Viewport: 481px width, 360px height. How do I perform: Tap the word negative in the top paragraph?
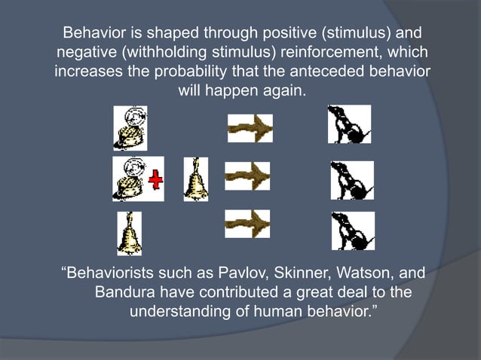(85, 53)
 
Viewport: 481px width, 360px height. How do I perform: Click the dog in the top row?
(348, 124)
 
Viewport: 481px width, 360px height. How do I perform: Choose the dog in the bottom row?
(352, 231)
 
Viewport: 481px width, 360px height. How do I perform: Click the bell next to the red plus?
(195, 178)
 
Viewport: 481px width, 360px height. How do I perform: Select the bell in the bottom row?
(129, 233)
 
